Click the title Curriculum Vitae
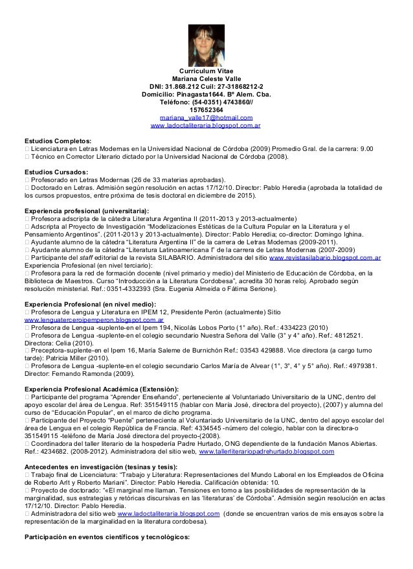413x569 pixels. point(206,71)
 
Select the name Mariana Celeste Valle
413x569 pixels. point(206,78)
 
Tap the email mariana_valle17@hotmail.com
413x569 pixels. point(206,117)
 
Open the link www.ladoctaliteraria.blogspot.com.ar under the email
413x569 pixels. point(205,125)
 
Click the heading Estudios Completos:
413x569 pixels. point(58,141)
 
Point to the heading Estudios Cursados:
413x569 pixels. point(56,172)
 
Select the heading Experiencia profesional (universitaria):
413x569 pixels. point(86,211)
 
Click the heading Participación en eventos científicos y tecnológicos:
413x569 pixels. point(107,537)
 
